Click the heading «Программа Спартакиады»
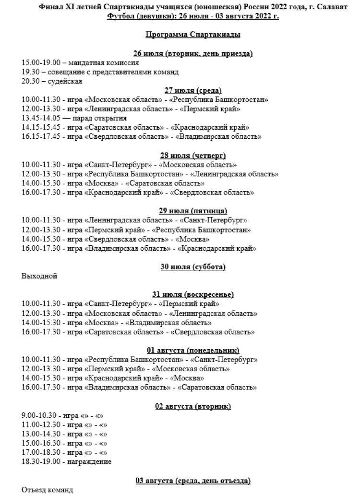(192, 35)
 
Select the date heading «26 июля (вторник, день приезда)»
(192, 53)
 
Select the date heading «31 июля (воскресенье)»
(192, 294)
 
